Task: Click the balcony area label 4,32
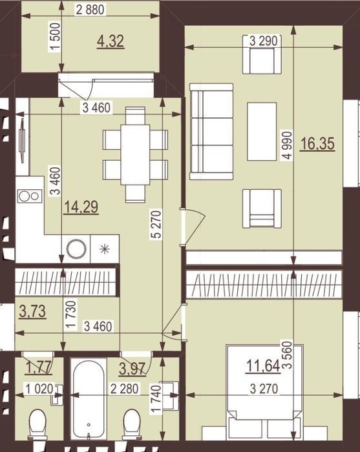111,41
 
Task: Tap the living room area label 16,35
317,144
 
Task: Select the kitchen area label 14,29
81,207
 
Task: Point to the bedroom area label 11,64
263,366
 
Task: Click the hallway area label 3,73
32,312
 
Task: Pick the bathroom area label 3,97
132,369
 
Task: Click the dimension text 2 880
90,10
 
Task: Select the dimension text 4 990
288,145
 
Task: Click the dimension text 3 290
263,41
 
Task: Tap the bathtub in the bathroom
89,399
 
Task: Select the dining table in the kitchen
135,154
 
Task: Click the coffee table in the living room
262,131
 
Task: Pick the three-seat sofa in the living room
211,132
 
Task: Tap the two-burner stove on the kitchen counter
29,196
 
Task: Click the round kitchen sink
76,249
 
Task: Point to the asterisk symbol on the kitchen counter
105,249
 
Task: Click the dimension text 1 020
39,389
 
